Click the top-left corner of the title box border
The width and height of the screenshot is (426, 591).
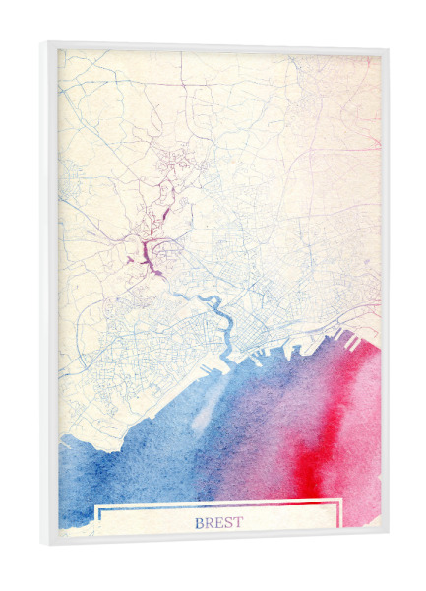[x=95, y=505]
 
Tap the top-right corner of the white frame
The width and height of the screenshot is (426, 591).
[x=387, y=49]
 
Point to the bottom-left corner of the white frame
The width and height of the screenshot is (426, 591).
[x=44, y=545]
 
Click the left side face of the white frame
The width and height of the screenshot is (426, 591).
[x=49, y=295]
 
